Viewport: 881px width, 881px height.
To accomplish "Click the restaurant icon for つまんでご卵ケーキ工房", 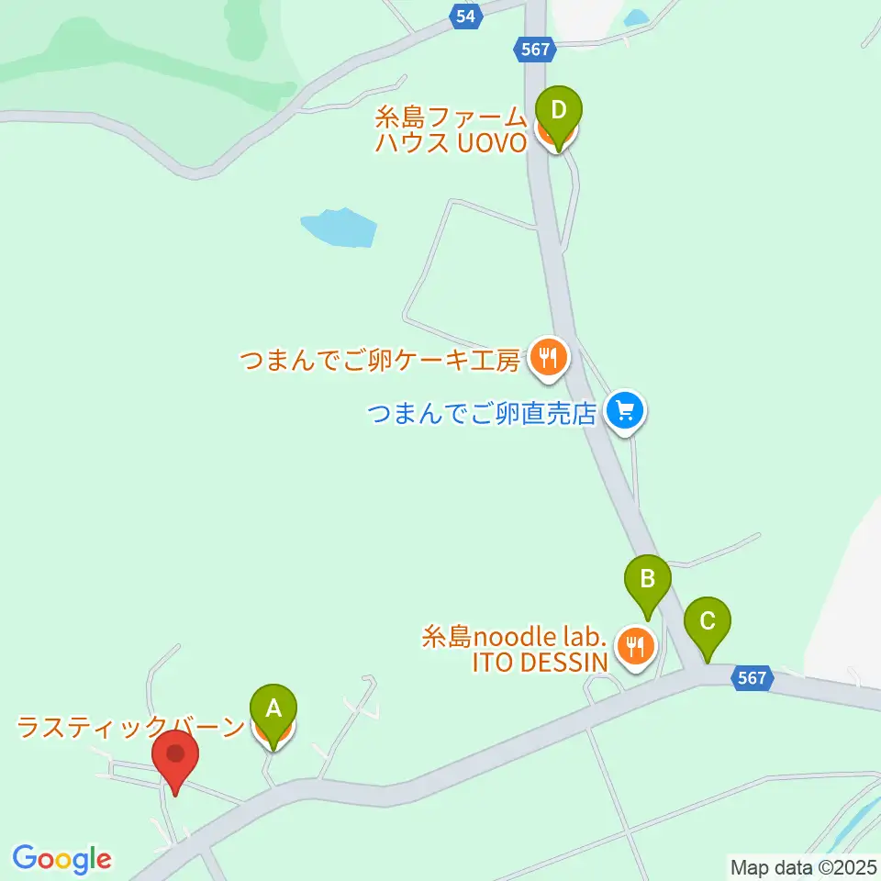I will pyautogui.click(x=549, y=356).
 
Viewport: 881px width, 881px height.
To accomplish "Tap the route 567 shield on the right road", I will pyautogui.click(x=752, y=678).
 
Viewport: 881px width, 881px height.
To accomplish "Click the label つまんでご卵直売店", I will pyautogui.click(x=483, y=413).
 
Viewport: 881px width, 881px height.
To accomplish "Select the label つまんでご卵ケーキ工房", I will pyautogui.click(x=381, y=360).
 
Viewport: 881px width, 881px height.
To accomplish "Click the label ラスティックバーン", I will pyautogui.click(x=132, y=728).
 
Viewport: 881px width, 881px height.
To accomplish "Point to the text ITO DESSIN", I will pyautogui.click(x=540, y=663).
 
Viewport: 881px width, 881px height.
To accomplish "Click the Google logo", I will pyautogui.click(x=61, y=859).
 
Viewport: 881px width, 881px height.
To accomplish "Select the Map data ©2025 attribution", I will pyautogui.click(x=804, y=866).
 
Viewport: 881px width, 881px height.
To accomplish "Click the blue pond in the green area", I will pyautogui.click(x=339, y=228).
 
